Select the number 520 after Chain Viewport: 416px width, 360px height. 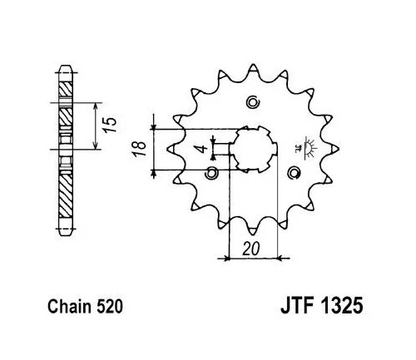[x=110, y=307]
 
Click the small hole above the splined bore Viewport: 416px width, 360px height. [x=254, y=103]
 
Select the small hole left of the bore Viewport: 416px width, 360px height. [x=210, y=173]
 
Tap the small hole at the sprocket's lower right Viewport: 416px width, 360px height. [x=293, y=173]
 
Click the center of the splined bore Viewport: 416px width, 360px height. [x=253, y=150]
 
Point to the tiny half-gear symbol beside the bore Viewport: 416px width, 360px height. [x=309, y=149]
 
